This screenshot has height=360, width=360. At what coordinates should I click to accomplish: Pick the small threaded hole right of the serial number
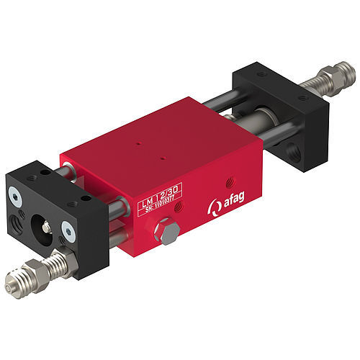pos(179,207)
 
